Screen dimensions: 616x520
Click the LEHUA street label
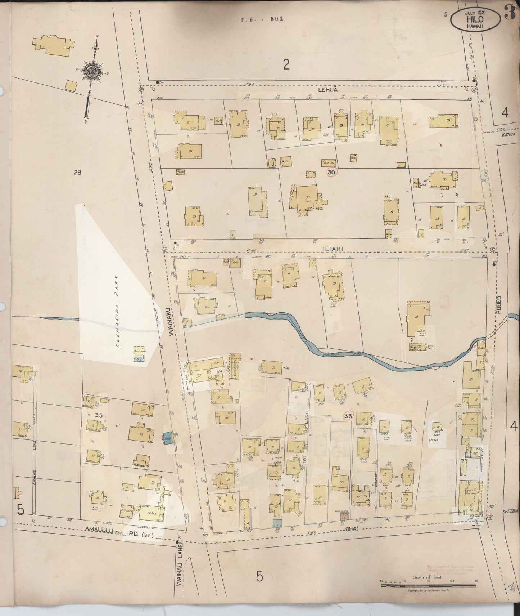pyautogui.click(x=327, y=90)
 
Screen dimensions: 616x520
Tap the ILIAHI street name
pyautogui.click(x=322, y=248)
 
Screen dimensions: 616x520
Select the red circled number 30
pyautogui.click(x=332, y=173)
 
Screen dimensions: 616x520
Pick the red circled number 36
pyautogui.click(x=348, y=416)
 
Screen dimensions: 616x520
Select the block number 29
pyautogui.click(x=77, y=173)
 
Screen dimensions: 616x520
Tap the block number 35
pyautogui.click(x=99, y=415)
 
